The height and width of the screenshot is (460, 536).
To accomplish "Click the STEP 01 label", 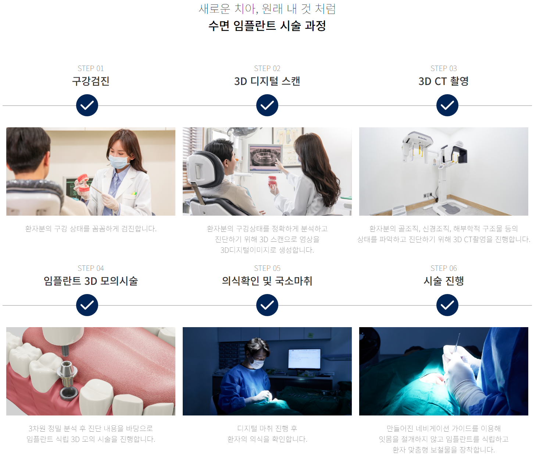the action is click(91, 68).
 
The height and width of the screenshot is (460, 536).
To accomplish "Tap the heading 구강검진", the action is click(91, 81).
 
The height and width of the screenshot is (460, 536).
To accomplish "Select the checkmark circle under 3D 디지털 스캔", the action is click(267, 105).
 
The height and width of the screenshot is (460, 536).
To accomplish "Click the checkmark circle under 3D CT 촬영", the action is click(447, 105).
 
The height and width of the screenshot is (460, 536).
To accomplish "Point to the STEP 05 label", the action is click(267, 268).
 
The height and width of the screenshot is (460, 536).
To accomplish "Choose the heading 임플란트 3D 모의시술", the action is click(91, 281).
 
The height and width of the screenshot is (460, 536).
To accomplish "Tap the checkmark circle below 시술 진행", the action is click(447, 305).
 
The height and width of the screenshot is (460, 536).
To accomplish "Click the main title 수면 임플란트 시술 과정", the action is click(267, 26).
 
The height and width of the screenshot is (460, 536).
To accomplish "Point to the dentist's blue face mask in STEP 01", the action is click(119, 161).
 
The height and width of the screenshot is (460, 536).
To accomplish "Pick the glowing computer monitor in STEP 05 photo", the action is click(304, 359).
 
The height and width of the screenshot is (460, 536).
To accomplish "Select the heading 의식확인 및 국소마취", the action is click(267, 281).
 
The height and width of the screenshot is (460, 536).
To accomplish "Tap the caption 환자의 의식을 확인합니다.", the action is click(267, 439).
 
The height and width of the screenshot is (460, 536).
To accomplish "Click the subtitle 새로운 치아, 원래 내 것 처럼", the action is click(267, 9).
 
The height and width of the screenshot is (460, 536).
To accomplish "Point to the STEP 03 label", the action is click(444, 68).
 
